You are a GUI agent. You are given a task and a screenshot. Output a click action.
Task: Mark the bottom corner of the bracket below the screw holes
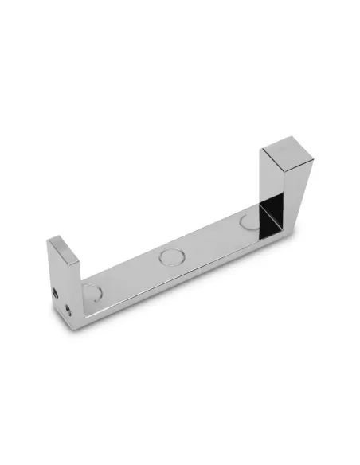[x=76, y=322]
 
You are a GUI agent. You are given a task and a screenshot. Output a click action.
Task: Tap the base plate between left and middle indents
[x=131, y=274]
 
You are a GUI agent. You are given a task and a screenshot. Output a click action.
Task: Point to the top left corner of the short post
[x=49, y=239]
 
